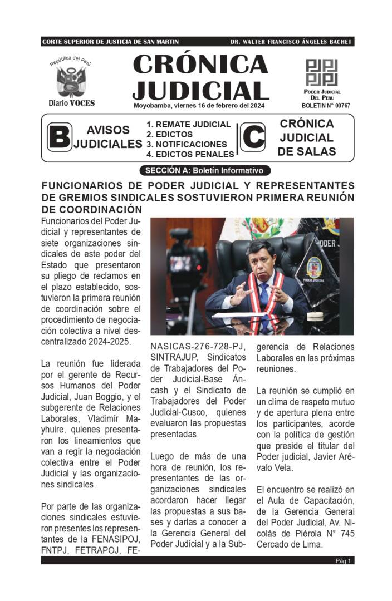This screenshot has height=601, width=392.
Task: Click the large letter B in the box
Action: coord(59,137)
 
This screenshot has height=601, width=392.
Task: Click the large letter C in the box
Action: coord(252,137)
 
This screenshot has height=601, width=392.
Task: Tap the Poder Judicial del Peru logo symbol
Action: coord(321,72)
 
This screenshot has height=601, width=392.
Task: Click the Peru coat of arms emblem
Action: coord(71,81)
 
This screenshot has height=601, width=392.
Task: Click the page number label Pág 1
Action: coord(343,561)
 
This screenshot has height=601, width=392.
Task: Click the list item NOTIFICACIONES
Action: coord(191,144)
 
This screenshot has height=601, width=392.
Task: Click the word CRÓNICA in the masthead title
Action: coord(200,66)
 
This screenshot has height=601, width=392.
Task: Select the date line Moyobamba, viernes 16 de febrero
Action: coord(199,105)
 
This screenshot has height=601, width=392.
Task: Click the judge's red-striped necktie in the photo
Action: coord(264,295)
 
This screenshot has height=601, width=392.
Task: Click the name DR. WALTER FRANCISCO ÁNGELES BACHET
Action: coord(291,42)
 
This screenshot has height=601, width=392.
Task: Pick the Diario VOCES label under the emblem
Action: coord(71,103)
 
